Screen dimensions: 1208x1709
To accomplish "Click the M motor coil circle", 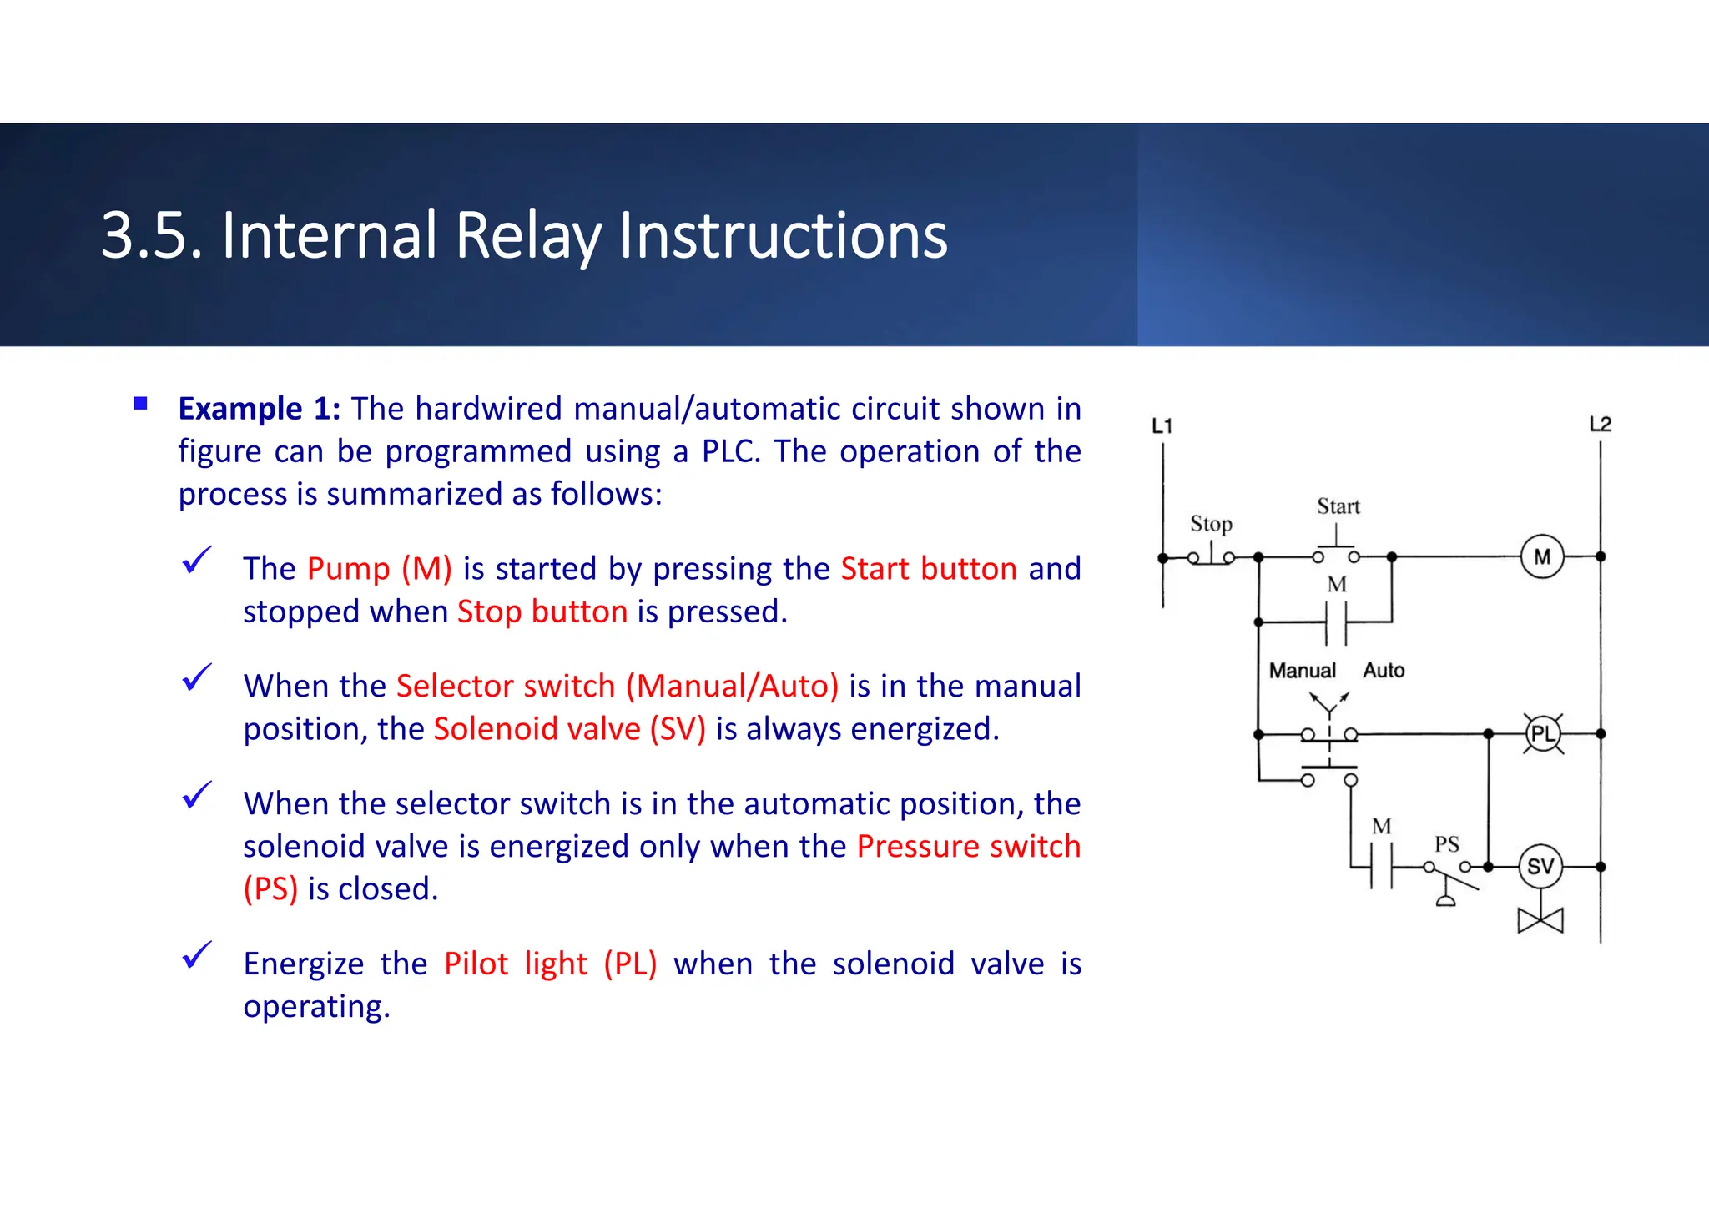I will pos(1541,556).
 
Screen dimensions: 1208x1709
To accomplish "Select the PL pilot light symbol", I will pos(1543,734).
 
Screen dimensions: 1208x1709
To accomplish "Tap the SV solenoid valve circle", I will pos(1540,867).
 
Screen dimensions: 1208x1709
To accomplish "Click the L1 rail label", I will pos(1162,426).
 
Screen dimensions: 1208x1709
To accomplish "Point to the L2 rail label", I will pos(1600,425).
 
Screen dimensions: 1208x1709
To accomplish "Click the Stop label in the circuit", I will pos(1211,524).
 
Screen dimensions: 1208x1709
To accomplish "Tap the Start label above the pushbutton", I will pos(1338,506).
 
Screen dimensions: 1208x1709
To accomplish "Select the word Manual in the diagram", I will pos(1302,671).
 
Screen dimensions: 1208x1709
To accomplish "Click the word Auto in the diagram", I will pos(1384,671).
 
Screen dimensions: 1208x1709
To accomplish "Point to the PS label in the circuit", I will pos(1446,844).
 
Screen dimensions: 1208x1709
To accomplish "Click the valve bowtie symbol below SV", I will pos(1540,921).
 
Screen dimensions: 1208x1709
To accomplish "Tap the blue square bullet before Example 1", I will pos(140,405).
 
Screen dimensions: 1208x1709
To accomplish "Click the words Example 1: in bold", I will pos(259,409).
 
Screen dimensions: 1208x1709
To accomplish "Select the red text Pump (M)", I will pos(379,569).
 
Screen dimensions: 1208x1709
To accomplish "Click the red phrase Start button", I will pos(928,569).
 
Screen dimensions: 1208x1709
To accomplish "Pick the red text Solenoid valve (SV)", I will pos(569,729).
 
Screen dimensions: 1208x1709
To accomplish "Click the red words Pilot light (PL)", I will pos(550,964).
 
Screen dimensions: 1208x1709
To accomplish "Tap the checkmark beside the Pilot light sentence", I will pos(197,955).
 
